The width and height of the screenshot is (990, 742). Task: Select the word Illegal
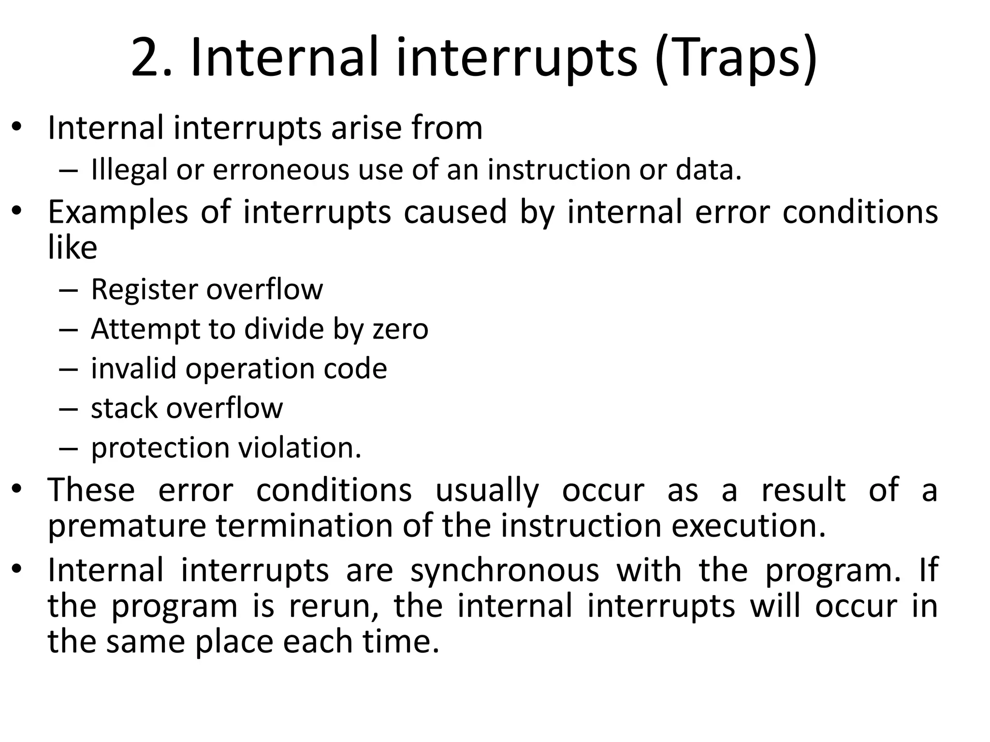pyautogui.click(x=129, y=170)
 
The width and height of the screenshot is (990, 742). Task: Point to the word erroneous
pyautogui.click(x=281, y=170)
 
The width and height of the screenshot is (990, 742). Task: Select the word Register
pyautogui.click(x=145, y=290)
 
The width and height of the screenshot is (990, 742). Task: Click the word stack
pyautogui.click(x=124, y=408)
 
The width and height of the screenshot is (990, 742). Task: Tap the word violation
pyautogui.click(x=300, y=448)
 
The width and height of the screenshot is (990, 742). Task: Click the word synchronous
pyautogui.click(x=505, y=571)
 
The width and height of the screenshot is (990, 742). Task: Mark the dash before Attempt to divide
pyautogui.click(x=68, y=330)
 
